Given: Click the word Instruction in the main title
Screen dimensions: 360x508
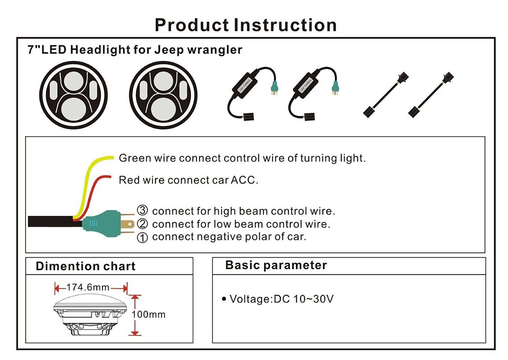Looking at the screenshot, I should [285, 25].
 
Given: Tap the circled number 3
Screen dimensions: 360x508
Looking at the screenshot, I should [142, 211].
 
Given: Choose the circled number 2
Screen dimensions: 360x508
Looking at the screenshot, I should [142, 224].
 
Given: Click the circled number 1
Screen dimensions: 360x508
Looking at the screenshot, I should [142, 238].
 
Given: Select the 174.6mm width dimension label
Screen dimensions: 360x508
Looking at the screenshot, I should [88, 287].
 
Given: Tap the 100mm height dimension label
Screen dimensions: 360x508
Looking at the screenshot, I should [149, 315].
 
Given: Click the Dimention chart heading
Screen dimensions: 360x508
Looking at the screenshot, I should [86, 266].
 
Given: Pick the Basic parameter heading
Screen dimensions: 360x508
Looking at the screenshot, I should [276, 265].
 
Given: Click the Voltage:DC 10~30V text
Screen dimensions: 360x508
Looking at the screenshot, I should [281, 299].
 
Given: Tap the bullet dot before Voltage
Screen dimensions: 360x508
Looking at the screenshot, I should [224, 299].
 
